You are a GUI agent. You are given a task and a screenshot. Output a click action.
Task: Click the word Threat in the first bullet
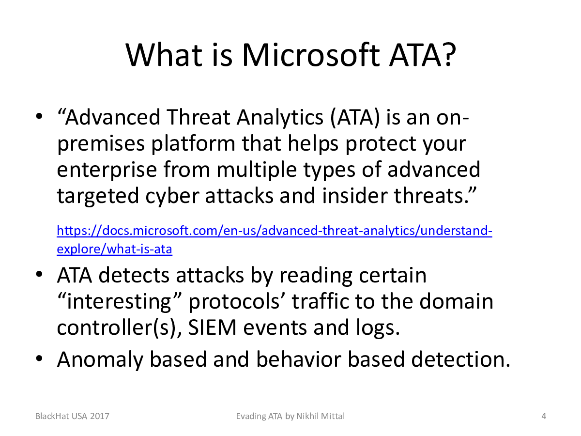198,117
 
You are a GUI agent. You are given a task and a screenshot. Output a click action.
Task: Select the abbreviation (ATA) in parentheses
354,118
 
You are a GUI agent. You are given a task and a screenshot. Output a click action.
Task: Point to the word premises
101,144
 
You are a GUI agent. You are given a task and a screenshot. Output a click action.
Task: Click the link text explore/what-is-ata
114,249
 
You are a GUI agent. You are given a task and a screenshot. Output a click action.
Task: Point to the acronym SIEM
212,327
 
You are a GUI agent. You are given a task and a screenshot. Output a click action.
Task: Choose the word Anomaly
100,360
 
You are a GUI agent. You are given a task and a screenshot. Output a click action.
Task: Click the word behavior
299,359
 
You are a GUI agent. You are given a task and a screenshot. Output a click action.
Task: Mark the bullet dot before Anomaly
39,358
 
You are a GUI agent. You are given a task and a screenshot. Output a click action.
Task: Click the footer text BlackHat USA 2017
72,416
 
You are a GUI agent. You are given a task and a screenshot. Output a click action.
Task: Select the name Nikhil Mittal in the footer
321,416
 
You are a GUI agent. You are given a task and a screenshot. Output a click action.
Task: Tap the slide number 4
544,416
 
